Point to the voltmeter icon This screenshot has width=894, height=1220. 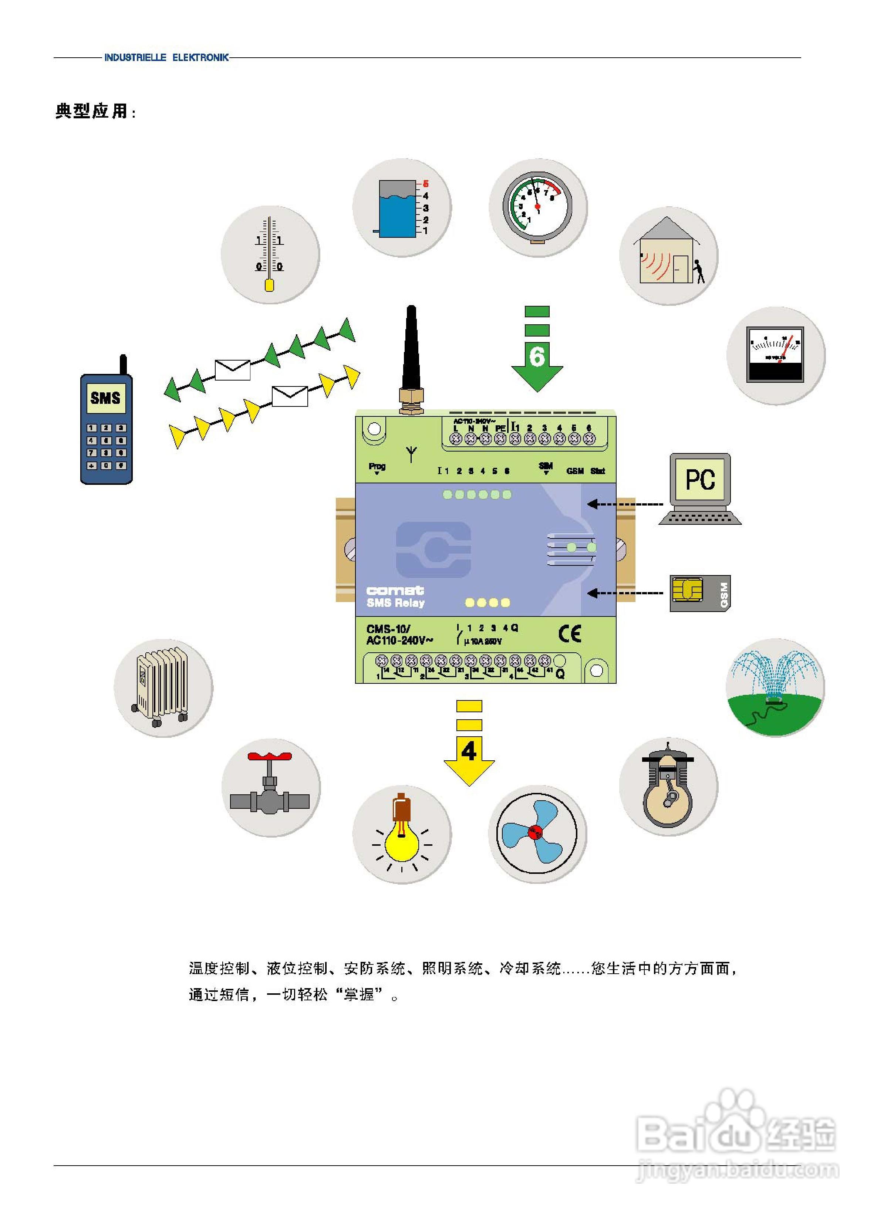775,354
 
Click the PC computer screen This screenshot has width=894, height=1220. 700,479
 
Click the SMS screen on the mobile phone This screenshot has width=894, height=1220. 105,398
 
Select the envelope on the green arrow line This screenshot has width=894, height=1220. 233,369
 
